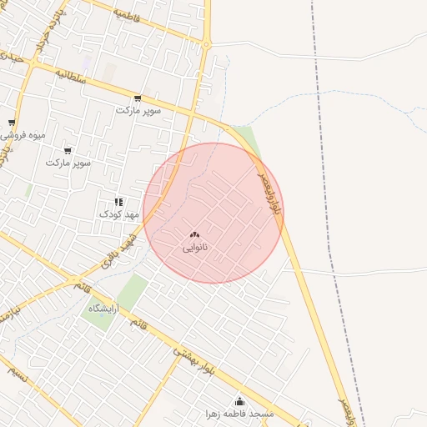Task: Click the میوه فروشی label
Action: [x=24, y=135]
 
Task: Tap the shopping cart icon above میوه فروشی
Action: [x=11, y=123]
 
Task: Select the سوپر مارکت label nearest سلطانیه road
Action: [x=137, y=110]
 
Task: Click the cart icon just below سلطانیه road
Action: [x=138, y=98]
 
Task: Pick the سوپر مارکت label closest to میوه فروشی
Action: [x=68, y=163]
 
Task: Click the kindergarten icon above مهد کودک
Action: [x=118, y=202]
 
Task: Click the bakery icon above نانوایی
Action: [x=194, y=235]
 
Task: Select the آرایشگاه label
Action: [x=106, y=308]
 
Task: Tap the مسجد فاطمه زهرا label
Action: [x=240, y=414]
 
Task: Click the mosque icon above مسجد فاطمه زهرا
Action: [x=240, y=402]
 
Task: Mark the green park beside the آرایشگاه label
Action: [x=130, y=291]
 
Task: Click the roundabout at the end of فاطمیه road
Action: [x=206, y=44]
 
